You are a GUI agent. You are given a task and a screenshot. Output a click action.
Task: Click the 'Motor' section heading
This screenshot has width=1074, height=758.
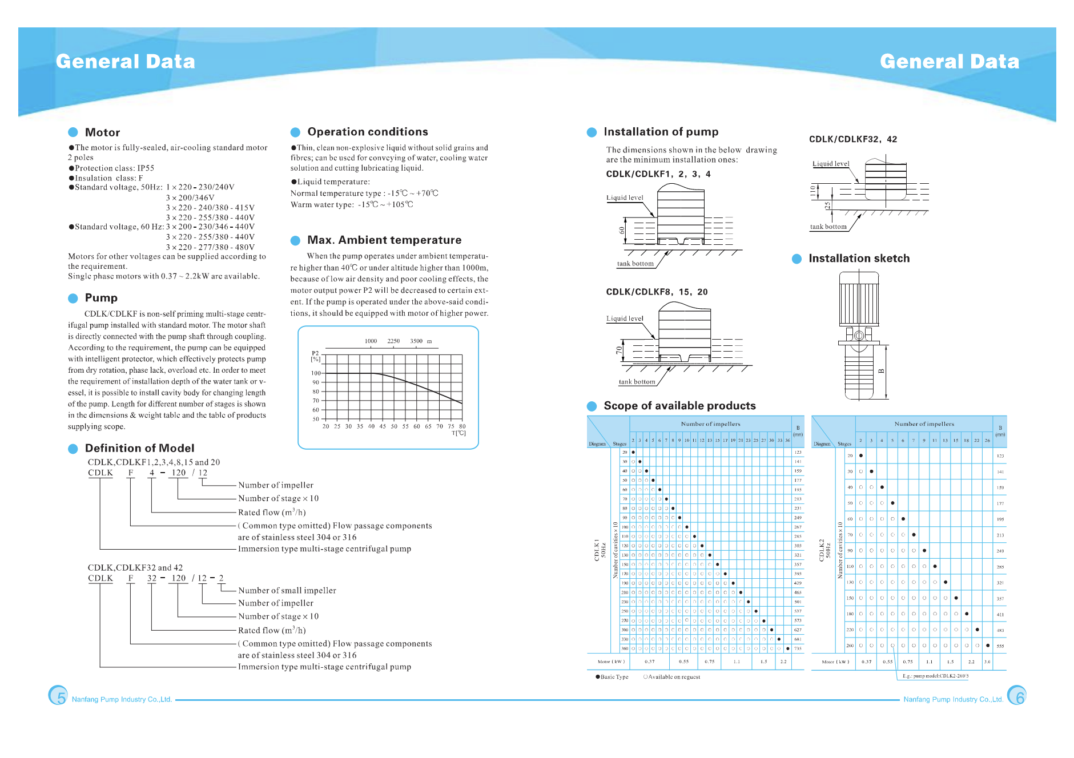point(102,132)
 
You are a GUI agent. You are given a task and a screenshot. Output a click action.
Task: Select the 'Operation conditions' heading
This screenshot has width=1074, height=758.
point(367,132)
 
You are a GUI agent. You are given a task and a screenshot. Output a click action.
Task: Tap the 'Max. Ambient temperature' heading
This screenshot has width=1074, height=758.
point(384,240)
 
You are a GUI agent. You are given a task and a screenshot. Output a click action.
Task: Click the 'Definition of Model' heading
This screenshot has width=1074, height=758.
point(139,448)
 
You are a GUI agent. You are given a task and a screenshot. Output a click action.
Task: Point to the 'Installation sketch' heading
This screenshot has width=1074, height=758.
point(859,259)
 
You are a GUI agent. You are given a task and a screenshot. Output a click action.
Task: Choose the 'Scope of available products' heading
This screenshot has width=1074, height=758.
point(679,406)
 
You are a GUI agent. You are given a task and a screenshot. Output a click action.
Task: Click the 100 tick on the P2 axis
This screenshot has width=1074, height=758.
point(316,373)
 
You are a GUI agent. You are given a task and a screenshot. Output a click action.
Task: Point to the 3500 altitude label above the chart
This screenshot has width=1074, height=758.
point(416,341)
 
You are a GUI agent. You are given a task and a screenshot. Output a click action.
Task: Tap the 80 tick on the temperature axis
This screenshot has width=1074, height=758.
point(462,426)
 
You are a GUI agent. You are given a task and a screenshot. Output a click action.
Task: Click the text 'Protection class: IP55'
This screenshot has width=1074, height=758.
point(114,168)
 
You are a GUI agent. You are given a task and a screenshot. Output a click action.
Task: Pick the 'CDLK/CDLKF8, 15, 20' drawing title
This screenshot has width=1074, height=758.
point(657,292)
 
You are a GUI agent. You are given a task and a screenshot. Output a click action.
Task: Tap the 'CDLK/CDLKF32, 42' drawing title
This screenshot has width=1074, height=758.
point(853,139)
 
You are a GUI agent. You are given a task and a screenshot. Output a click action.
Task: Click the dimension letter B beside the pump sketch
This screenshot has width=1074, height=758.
point(882,371)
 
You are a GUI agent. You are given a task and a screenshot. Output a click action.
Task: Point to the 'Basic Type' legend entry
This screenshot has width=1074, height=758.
point(614,677)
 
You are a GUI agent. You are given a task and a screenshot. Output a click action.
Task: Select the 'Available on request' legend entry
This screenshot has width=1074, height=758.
point(674,677)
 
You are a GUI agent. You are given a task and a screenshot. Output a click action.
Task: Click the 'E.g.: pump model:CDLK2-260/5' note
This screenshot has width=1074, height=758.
point(935,676)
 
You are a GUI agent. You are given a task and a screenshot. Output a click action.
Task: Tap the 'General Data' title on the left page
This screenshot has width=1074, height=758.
point(126,62)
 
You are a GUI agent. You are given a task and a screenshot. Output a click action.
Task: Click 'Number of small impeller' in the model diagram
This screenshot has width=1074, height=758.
point(287,591)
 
